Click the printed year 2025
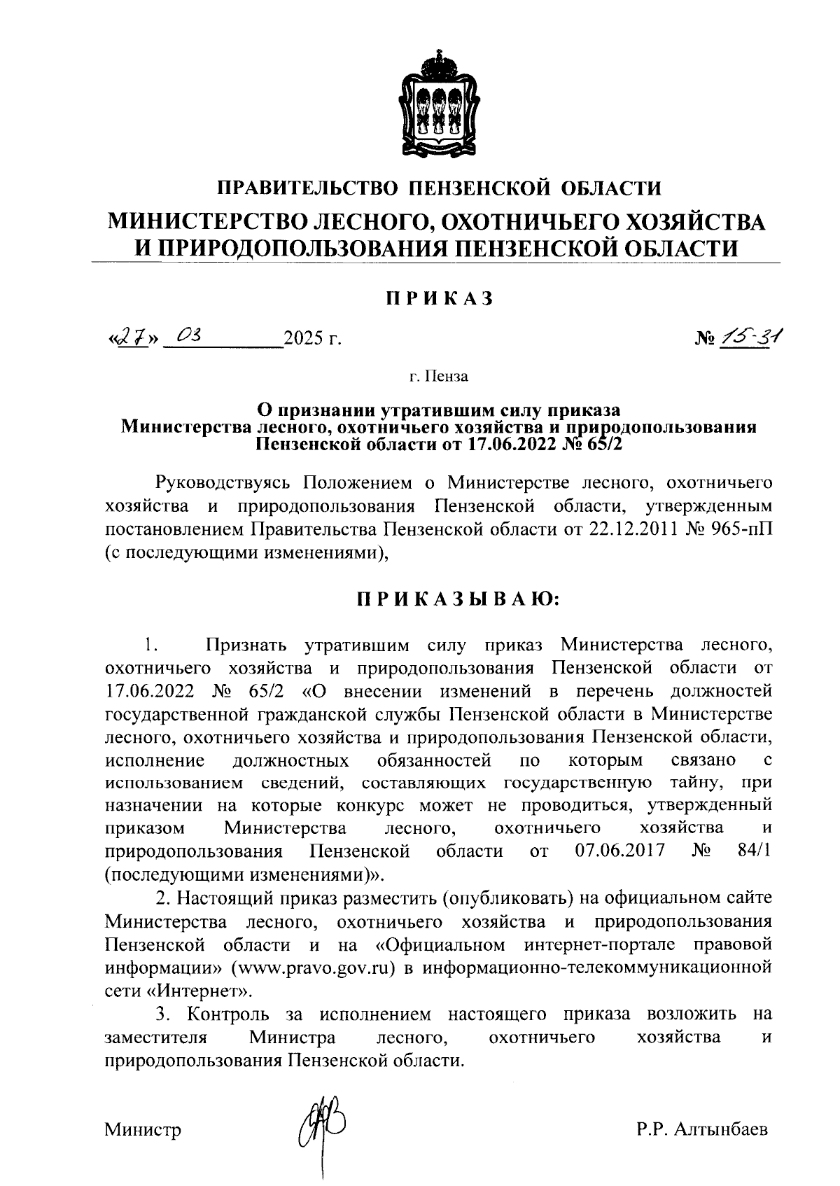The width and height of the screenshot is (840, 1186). [302, 341]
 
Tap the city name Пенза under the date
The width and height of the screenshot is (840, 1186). [447, 377]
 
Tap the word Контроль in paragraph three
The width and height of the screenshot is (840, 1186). [230, 1014]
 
